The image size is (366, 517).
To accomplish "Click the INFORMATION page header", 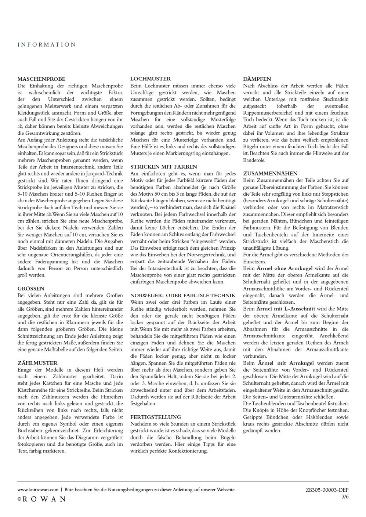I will click(46, 45).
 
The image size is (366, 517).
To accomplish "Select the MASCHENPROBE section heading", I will click(41, 79).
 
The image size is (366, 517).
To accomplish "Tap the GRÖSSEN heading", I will click(31, 289).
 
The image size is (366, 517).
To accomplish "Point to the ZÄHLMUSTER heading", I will click(37, 363).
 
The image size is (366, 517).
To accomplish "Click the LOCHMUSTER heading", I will click(151, 79).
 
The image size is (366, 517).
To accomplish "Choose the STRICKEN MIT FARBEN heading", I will click(164, 167).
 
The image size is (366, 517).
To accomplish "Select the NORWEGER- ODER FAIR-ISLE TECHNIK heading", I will click(182, 295).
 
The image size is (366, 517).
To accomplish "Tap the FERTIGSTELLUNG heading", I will click(156, 417).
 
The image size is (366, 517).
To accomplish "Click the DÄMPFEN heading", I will click(257, 79).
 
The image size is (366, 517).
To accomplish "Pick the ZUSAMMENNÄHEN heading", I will click(270, 173).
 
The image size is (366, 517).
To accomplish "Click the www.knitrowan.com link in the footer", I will click(38, 489).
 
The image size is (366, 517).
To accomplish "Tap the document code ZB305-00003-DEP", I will click(327, 490).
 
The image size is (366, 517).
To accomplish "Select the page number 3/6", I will click(345, 496).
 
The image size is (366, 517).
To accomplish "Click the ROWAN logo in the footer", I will click(45, 499).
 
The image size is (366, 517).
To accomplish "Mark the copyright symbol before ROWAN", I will click(19, 499).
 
